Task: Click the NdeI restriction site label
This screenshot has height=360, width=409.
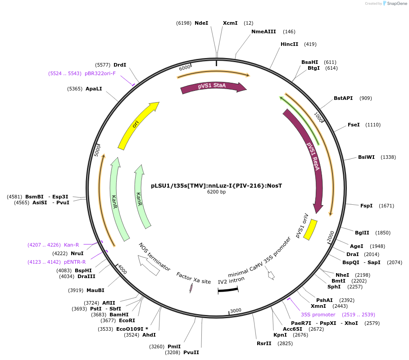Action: point(201,23)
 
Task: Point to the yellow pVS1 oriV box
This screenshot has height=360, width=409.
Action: point(310,229)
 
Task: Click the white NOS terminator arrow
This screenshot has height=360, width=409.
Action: point(148,265)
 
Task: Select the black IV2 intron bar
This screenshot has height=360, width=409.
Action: point(228,290)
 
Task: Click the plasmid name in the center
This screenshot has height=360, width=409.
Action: point(216,185)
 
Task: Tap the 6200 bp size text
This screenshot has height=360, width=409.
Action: point(216,192)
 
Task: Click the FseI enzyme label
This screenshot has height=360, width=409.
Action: point(354,125)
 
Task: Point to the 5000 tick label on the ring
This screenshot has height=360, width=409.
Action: point(97,150)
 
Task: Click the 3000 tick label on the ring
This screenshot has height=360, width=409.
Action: point(236,310)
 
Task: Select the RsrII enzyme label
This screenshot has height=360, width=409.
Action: point(264,343)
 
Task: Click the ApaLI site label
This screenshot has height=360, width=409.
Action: point(94,89)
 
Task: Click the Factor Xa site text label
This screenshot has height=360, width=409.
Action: point(194,278)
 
